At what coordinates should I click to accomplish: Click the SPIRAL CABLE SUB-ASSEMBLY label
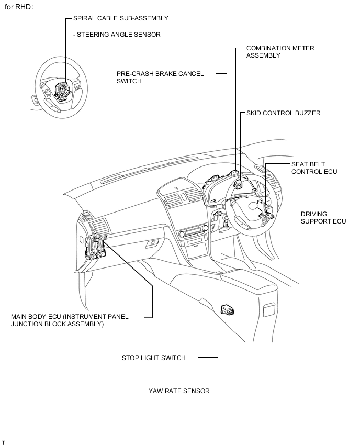coord(120,18)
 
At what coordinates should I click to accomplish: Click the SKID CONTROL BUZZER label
coord(283,113)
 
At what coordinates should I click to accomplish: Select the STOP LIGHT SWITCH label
coord(153,358)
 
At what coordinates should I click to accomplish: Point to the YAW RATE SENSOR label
coord(178,391)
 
